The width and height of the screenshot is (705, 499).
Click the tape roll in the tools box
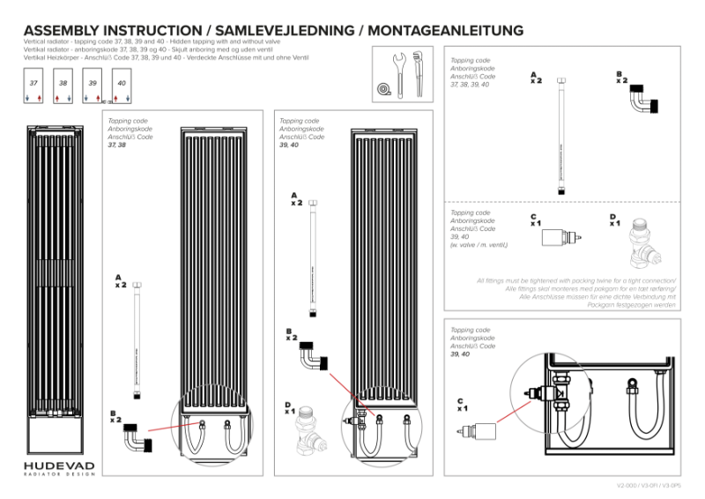(382, 89)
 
